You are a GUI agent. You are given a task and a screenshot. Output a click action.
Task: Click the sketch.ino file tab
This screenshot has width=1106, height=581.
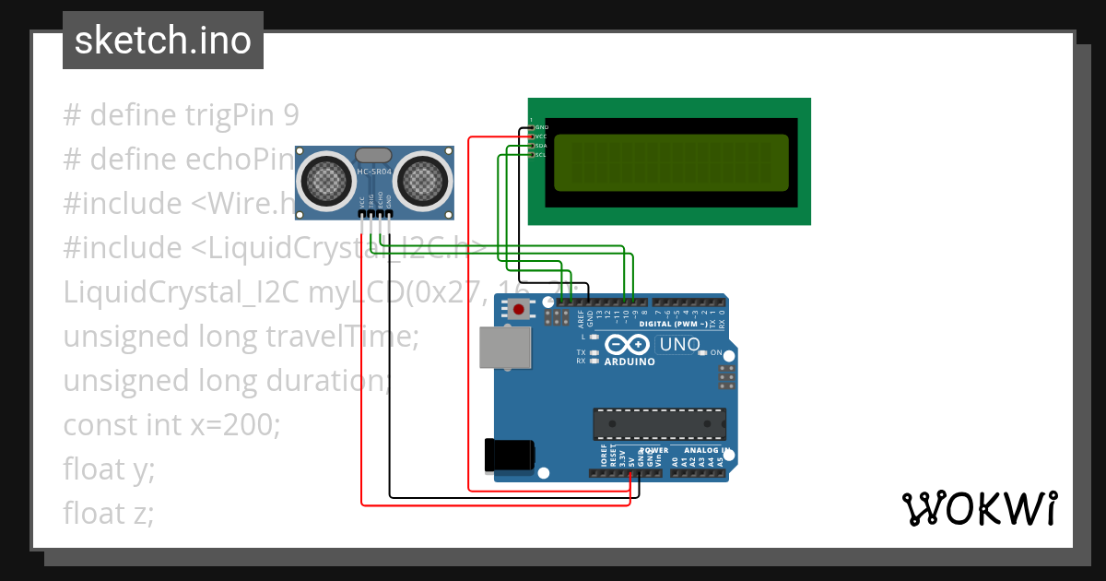pyautogui.click(x=163, y=41)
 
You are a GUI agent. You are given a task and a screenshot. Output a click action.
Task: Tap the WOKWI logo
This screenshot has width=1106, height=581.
pyautogui.click(x=979, y=508)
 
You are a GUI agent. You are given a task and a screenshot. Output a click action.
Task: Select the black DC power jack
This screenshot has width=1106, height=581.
pyautogui.click(x=509, y=455)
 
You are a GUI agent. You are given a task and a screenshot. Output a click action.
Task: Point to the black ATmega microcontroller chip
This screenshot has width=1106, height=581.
pyautogui.click(x=659, y=423)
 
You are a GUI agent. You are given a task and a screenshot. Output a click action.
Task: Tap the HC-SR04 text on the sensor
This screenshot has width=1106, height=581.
pyautogui.click(x=374, y=172)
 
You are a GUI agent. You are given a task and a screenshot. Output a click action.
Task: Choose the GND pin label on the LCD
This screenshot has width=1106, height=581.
pyautogui.click(x=542, y=126)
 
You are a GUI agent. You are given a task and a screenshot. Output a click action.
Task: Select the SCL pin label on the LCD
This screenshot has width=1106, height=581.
pyautogui.click(x=541, y=155)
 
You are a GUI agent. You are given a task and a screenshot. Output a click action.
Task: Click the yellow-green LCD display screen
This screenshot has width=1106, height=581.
pyautogui.click(x=670, y=161)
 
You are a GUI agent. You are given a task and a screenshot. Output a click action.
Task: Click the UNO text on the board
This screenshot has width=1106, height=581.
pyautogui.click(x=681, y=345)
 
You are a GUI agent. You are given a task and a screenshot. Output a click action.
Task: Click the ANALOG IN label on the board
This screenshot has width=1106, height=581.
pyautogui.click(x=706, y=451)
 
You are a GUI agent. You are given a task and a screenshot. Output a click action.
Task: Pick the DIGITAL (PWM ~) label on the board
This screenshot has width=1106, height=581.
pyautogui.click(x=674, y=324)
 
